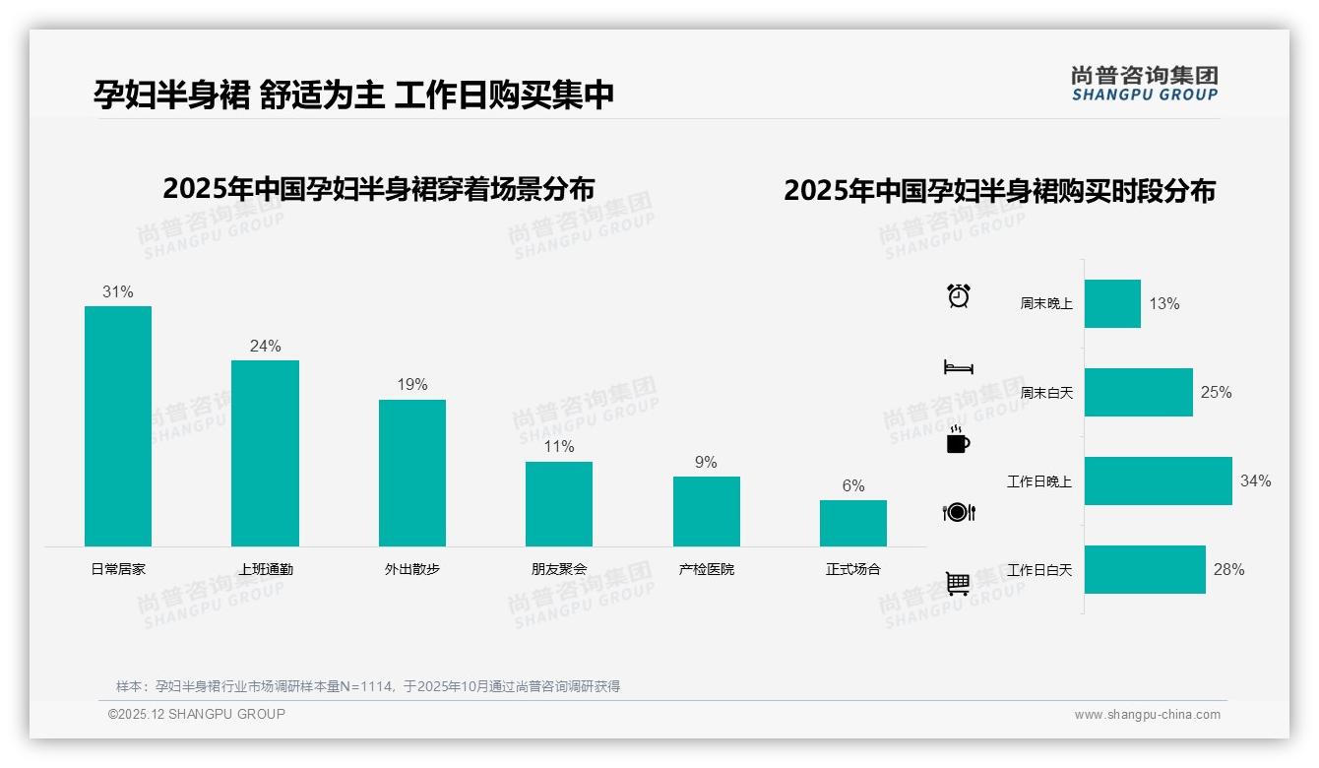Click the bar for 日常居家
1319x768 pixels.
[x=118, y=425]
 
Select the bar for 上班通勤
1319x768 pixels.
[x=265, y=453]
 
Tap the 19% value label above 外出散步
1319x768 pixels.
[x=412, y=385]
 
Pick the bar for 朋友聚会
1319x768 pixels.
[x=559, y=503]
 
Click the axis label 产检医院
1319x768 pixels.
[x=706, y=569]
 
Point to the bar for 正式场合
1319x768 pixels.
[x=852, y=523]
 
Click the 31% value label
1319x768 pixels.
[x=118, y=292]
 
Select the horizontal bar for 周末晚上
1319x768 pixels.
[x=1112, y=303]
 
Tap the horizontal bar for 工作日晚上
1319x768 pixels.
[x=1158, y=480]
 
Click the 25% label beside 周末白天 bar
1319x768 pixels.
[x=1216, y=392]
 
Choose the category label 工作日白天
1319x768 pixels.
[x=1039, y=570]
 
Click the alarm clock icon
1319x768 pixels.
[x=959, y=295]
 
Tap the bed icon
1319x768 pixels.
[x=959, y=367]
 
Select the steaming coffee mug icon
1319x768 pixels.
[x=958, y=440]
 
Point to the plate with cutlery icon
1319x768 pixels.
[x=959, y=512]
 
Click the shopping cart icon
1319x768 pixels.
[x=958, y=584]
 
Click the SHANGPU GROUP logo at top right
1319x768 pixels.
[x=1144, y=84]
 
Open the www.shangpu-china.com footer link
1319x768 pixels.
[x=1147, y=715]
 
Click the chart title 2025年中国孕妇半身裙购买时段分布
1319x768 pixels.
[x=999, y=190]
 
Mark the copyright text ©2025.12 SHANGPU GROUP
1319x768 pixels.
[x=197, y=714]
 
